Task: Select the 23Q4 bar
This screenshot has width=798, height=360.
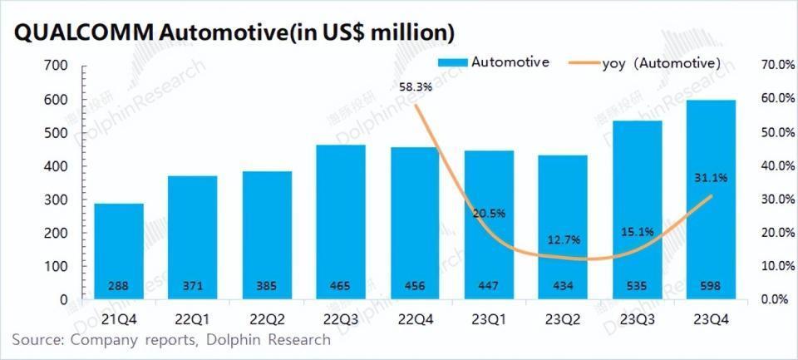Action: (712, 200)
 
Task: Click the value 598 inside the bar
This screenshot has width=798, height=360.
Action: (712, 286)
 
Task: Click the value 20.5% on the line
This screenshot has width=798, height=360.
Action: (488, 213)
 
